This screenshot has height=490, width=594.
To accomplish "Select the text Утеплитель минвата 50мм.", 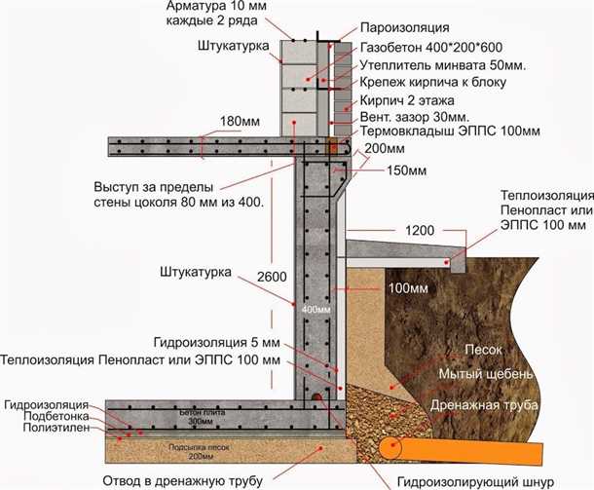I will tap(427, 64).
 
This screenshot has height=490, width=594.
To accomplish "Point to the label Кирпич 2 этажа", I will tap(404, 100).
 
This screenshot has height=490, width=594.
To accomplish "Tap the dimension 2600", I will tap(274, 278).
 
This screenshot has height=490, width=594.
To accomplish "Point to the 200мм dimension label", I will tap(383, 148).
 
